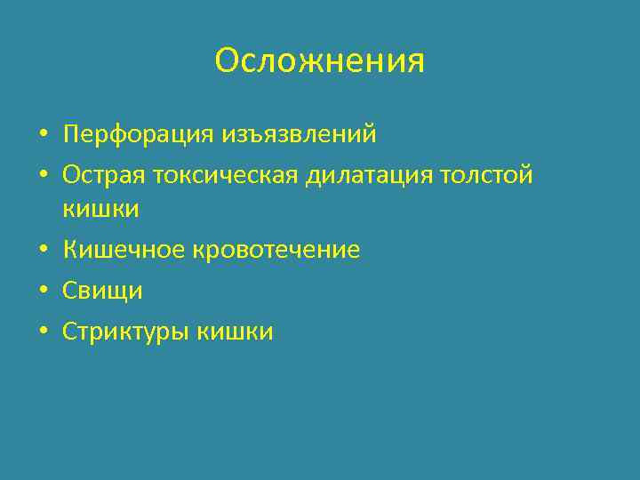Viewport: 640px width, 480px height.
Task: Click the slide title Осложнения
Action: [x=320, y=61]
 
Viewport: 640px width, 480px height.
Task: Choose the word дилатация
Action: [x=372, y=176]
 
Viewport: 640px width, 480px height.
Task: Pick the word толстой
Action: [x=488, y=176]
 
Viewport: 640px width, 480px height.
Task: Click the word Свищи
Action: [x=102, y=292]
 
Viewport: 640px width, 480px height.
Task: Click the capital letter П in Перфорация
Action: [x=71, y=135]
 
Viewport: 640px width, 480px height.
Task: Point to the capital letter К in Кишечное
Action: [x=70, y=251]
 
